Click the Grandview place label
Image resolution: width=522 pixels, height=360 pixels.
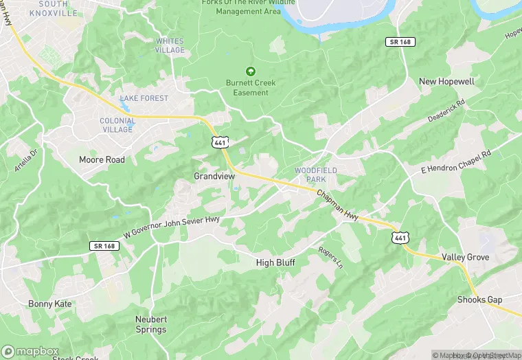point(214,177)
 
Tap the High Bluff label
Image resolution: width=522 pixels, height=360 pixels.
point(275,262)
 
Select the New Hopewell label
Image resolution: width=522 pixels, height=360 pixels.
point(446,82)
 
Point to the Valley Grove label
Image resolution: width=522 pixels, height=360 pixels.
point(465,258)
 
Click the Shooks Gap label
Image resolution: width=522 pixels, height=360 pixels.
point(480,300)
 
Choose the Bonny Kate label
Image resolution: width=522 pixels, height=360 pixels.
point(50,304)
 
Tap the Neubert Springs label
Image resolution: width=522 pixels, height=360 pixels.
point(150,325)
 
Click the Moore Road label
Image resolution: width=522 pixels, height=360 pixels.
point(102,160)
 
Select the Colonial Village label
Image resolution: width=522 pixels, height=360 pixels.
point(117,125)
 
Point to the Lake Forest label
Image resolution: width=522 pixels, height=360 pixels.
point(144,98)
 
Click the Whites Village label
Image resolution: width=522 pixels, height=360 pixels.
point(170,45)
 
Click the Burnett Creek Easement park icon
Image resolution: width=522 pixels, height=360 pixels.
point(251,71)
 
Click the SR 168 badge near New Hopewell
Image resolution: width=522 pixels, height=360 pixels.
point(398,43)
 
